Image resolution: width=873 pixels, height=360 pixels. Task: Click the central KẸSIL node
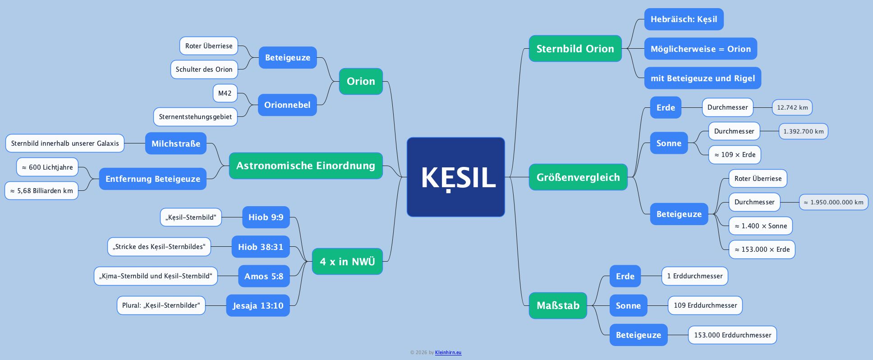click(x=455, y=177)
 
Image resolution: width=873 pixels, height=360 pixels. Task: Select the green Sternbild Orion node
click(x=575, y=49)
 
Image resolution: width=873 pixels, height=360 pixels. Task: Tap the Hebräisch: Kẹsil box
click(x=684, y=19)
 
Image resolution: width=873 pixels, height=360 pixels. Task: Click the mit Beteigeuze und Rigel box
click(x=703, y=78)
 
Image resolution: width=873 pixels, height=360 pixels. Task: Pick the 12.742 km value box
click(x=792, y=107)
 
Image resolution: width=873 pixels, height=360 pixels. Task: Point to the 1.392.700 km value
click(x=803, y=131)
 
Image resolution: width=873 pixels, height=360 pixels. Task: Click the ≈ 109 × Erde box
click(x=735, y=155)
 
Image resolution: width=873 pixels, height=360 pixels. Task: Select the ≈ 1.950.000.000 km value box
click(x=833, y=202)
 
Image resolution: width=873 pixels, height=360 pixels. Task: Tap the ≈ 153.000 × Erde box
click(x=762, y=249)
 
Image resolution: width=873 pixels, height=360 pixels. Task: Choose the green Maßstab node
click(x=558, y=305)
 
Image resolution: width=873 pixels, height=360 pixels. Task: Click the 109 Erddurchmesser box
click(x=705, y=305)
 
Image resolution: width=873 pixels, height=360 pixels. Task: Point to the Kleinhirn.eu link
click(x=448, y=353)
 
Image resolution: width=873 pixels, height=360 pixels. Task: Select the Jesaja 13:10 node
click(x=258, y=305)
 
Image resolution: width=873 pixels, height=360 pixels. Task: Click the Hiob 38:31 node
click(x=261, y=247)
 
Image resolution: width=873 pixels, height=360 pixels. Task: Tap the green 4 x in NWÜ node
click(x=347, y=262)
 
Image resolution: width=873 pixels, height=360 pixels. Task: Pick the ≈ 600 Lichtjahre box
click(x=47, y=167)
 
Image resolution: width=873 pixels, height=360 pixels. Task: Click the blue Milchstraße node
click(x=176, y=143)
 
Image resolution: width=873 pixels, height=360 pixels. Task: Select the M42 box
click(x=225, y=93)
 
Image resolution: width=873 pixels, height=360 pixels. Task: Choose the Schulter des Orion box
click(x=204, y=69)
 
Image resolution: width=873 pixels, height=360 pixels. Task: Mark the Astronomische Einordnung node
click(x=306, y=166)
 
